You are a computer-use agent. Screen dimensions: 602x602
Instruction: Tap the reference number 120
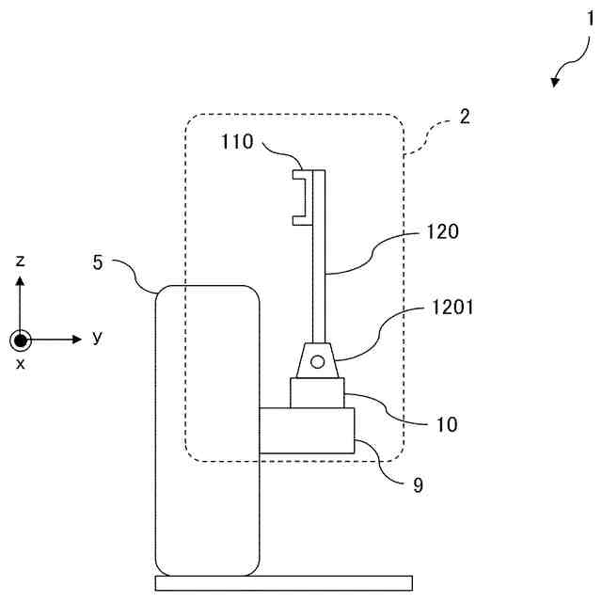[442, 230]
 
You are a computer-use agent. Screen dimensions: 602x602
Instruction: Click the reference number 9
[418, 485]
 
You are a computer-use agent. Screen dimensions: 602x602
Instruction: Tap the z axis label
[20, 261]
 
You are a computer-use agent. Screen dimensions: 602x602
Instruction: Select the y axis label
[98, 337]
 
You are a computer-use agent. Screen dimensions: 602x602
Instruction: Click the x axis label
[20, 363]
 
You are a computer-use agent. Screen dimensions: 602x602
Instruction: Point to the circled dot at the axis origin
[20, 340]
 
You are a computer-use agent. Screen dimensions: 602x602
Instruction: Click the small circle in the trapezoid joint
[318, 361]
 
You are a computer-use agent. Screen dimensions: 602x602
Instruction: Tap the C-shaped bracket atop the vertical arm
[301, 197]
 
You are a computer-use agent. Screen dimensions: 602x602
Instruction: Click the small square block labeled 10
[318, 393]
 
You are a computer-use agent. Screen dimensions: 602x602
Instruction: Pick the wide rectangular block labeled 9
[307, 430]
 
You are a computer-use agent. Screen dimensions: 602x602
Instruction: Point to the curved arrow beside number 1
[565, 71]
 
